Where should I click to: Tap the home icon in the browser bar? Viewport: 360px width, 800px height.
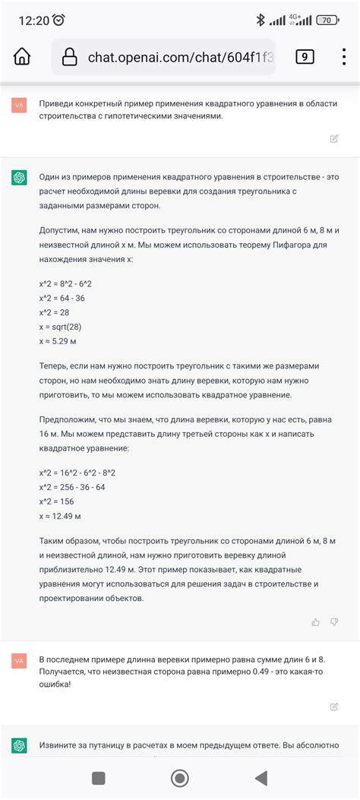point(23,57)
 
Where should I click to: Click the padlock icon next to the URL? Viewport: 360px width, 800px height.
point(70,57)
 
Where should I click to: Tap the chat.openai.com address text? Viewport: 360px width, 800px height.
point(181,57)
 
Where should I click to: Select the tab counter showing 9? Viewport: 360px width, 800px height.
point(305,56)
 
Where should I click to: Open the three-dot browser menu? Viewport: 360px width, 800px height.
point(344,57)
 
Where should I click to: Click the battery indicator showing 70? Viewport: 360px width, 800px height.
point(327,20)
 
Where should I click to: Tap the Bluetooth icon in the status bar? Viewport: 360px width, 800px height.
point(258,20)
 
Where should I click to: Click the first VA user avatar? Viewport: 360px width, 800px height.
point(20,106)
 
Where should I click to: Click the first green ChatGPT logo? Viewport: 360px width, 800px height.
point(20,178)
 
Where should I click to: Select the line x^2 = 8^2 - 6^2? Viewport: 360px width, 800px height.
point(71,283)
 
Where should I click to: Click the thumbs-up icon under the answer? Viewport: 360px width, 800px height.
point(316,622)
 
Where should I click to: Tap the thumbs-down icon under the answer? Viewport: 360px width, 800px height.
point(334,622)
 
